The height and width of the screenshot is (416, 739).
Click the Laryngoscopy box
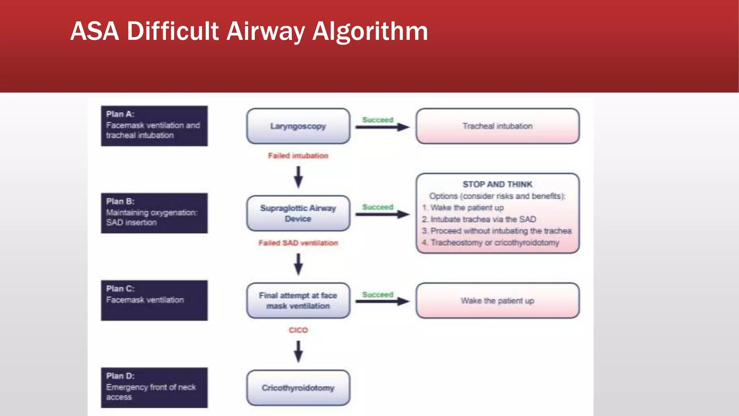[298, 126]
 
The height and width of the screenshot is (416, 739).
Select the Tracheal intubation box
[497, 126]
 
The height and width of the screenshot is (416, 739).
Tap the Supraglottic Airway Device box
[298, 213]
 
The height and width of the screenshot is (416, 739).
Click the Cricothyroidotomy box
[298, 387]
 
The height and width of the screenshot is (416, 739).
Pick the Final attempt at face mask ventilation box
[298, 300]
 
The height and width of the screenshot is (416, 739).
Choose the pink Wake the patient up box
[497, 300]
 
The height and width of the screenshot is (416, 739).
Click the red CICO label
[298, 330]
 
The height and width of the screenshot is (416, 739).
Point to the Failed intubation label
[298, 156]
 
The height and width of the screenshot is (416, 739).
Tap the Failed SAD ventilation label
[298, 243]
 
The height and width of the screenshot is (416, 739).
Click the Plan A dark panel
[154, 126]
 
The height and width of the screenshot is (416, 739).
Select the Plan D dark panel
[154, 387]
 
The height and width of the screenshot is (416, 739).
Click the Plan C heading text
[120, 289]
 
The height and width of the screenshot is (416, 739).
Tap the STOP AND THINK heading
[497, 185]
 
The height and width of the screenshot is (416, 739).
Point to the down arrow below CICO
[298, 351]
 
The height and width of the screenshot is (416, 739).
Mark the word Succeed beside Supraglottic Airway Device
[377, 207]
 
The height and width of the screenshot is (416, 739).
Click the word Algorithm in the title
[370, 32]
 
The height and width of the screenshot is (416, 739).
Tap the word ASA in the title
[95, 31]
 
